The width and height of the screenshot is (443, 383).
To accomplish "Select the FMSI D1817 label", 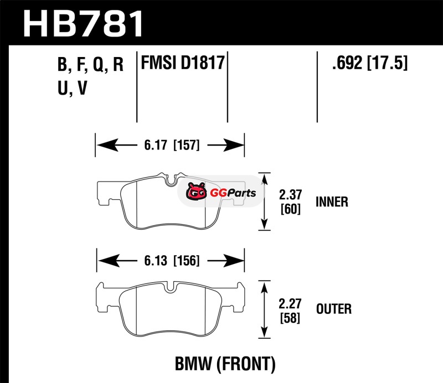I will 183,62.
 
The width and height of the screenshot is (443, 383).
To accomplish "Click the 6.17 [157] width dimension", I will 169,146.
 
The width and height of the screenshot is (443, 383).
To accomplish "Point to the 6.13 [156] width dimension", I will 169,260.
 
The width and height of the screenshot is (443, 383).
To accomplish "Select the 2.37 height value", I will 290,195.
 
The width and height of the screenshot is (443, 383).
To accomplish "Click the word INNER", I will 332,202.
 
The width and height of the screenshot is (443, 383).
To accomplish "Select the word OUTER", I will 333,309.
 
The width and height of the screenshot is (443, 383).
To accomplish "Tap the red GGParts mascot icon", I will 195,193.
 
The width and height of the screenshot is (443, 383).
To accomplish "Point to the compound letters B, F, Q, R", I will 90,65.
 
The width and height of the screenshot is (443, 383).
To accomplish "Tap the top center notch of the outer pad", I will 172,287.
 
